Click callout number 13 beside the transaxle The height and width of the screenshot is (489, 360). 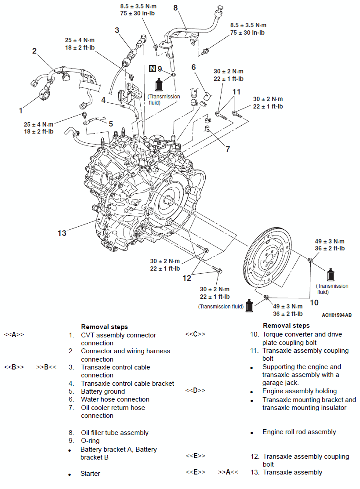[62, 233]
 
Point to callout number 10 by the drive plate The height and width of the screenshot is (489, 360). [314, 302]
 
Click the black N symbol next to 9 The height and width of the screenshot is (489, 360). [152, 69]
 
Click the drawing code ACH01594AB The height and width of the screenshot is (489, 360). [336, 315]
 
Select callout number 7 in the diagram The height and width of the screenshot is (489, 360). [228, 149]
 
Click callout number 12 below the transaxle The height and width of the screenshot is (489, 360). [187, 278]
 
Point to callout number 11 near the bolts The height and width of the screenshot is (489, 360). [237, 92]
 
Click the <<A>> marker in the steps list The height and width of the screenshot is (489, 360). [14, 335]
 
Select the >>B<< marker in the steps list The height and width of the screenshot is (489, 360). [46, 367]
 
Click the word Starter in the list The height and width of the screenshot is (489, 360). [90, 474]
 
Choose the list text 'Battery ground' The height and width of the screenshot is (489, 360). [103, 391]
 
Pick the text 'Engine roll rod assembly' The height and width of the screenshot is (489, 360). [299, 432]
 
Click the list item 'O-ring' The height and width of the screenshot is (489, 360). [90, 441]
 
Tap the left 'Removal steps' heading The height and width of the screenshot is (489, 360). [104, 327]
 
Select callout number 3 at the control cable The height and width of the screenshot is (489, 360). [117, 30]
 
